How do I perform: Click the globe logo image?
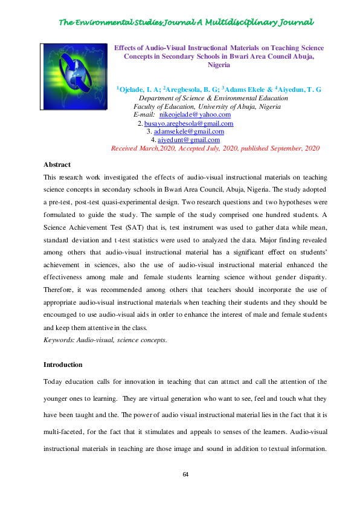click(74, 77)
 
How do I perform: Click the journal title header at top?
click(185, 22)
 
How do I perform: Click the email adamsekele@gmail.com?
click(189, 131)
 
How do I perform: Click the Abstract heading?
click(57, 164)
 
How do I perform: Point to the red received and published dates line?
click(215, 148)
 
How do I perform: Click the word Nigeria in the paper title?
click(219, 64)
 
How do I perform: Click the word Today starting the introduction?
click(54, 382)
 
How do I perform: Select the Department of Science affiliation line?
click(213, 98)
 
